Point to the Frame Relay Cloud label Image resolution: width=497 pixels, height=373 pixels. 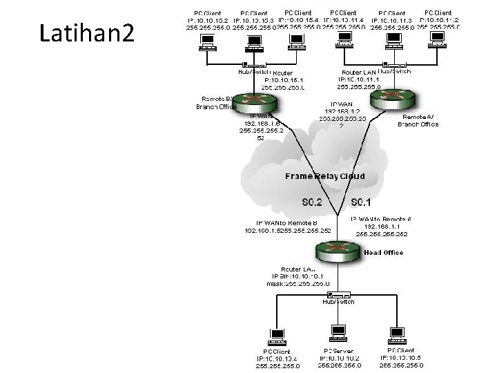coord(325,176)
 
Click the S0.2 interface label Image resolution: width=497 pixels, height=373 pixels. coord(313,202)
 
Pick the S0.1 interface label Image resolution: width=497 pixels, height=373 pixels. coord(361,202)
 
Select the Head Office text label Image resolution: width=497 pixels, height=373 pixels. coord(383,253)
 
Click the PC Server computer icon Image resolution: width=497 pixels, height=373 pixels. coord(338,334)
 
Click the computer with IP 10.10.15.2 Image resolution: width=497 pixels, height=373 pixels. coord(205,44)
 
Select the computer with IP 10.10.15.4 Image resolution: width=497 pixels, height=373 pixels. coord(298,41)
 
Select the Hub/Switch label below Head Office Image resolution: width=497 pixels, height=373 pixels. coord(338,302)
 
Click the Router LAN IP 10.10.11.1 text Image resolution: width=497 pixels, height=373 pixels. coord(356,79)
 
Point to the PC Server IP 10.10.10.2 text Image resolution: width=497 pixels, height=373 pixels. coord(340,358)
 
